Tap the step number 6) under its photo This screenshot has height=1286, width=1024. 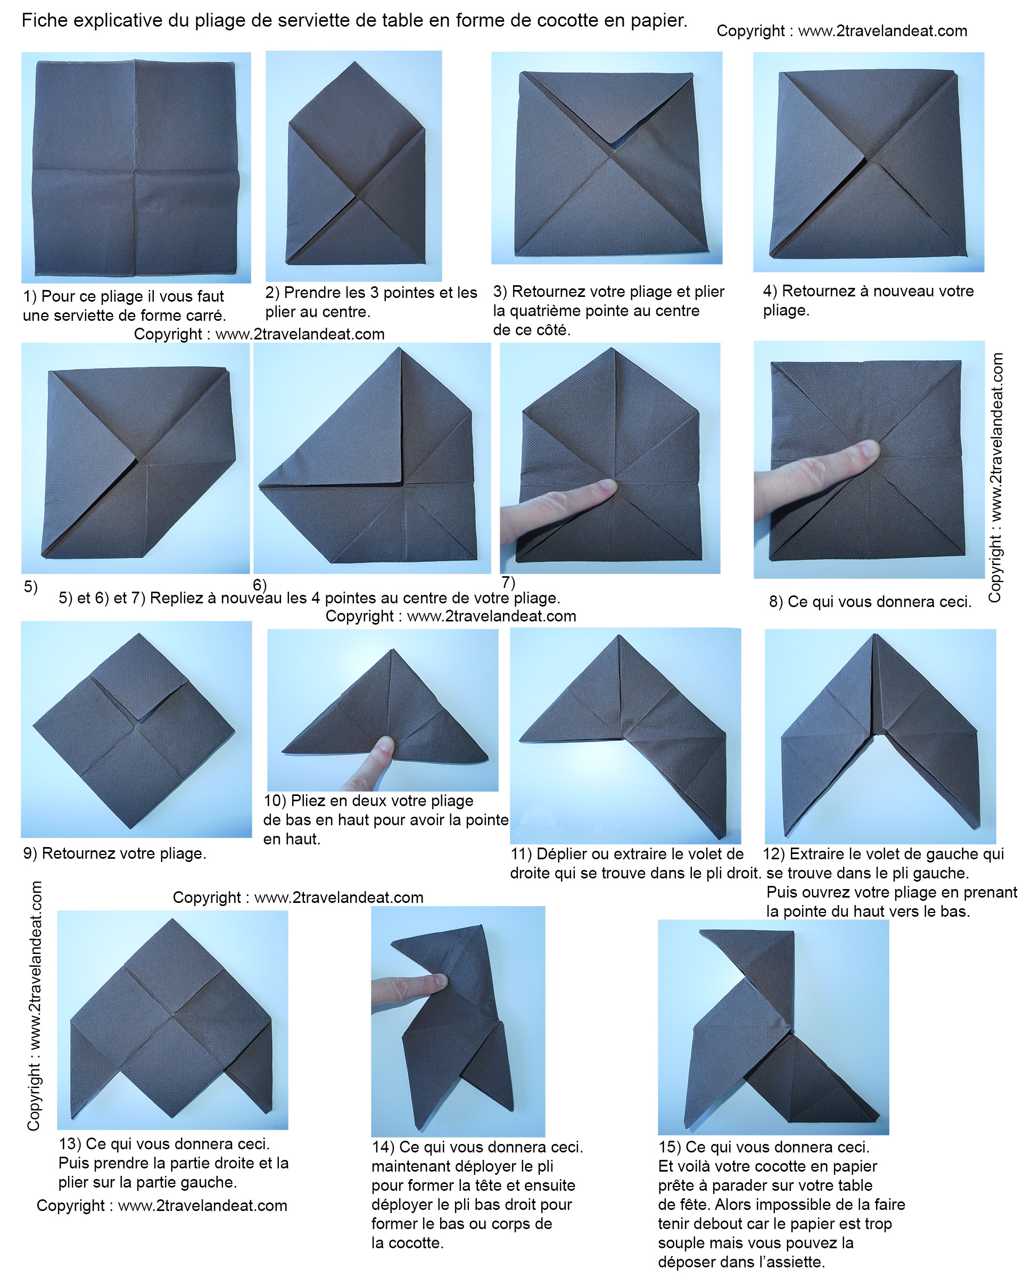260,585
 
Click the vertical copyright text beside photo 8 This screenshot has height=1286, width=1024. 995,477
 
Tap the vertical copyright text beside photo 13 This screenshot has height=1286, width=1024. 34,1006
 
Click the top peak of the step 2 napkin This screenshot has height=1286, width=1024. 354,61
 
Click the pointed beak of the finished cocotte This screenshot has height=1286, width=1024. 701,931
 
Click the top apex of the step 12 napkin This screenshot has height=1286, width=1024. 875,636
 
